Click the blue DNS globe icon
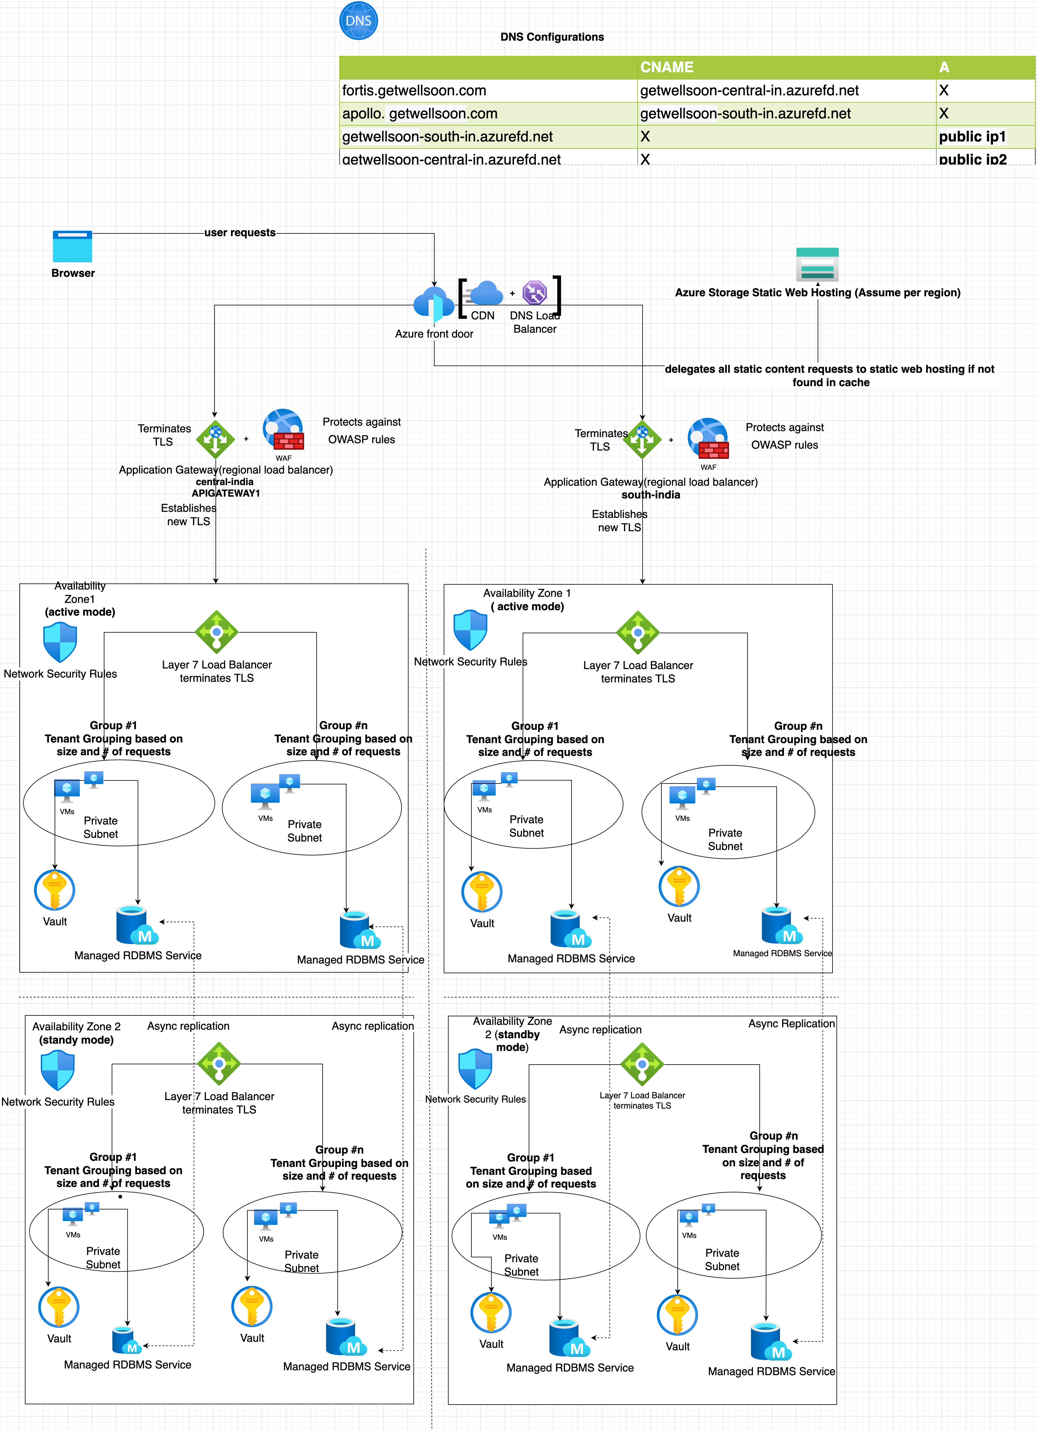point(358,21)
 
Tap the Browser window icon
point(73,246)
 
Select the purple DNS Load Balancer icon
point(534,293)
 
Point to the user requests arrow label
point(240,233)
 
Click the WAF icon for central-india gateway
point(283,430)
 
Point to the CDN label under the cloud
point(483,315)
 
